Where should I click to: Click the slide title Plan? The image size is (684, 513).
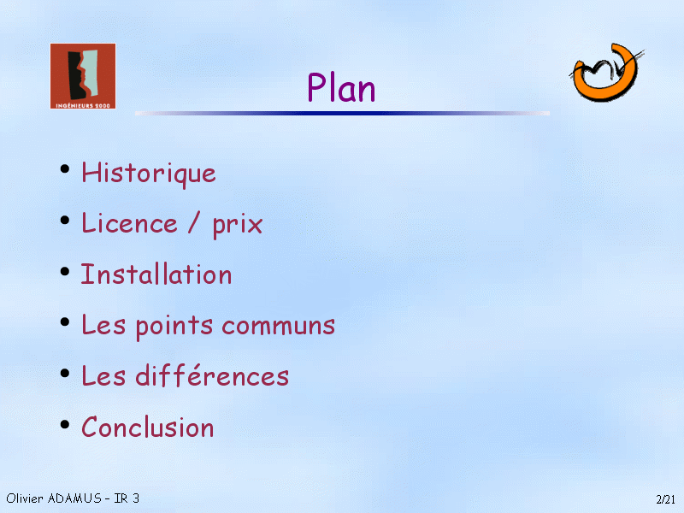[x=341, y=87]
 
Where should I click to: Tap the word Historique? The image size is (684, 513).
[x=149, y=174]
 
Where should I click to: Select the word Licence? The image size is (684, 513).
[x=130, y=223]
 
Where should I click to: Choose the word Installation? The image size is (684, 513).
[x=156, y=274]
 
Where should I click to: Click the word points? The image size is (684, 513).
[x=174, y=326]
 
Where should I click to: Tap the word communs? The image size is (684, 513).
[x=279, y=327]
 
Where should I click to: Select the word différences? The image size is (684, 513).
[x=212, y=375]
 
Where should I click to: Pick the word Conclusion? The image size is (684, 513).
[x=148, y=427]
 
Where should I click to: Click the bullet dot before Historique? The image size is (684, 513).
[x=65, y=168]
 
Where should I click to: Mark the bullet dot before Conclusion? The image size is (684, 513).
[x=65, y=423]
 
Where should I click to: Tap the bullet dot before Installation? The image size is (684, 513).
[x=65, y=271]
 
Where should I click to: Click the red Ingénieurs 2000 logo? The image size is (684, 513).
[x=83, y=76]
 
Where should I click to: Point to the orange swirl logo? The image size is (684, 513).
[x=606, y=73]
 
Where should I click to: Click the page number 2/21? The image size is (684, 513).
[x=666, y=499]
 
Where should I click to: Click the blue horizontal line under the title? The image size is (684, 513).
[x=342, y=114]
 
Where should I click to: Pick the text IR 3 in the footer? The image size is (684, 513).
[x=127, y=498]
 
